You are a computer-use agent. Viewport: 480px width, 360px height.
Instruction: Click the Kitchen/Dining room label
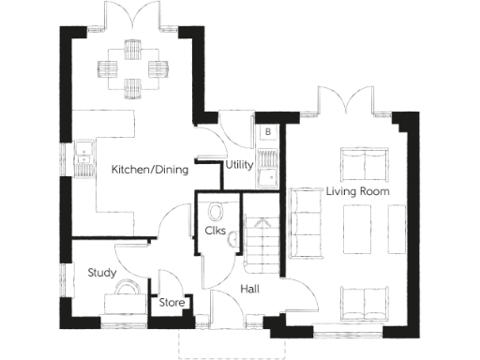tap(150, 170)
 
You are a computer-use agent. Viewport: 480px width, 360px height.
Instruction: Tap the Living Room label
tap(357, 191)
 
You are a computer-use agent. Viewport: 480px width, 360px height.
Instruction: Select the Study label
tap(101, 273)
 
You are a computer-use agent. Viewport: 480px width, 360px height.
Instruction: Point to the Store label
tap(172, 302)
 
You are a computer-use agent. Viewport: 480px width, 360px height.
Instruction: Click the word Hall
tap(250, 290)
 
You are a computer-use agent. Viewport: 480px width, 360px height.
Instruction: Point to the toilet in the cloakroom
tap(217, 210)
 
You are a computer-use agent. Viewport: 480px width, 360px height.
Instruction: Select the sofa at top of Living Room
tap(363, 164)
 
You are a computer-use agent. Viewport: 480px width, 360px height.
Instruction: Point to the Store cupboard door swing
tap(169, 281)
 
